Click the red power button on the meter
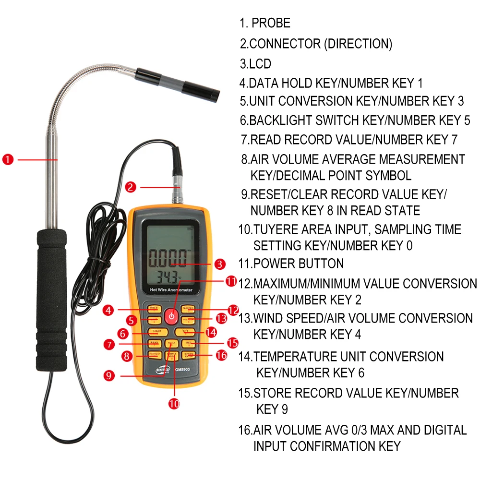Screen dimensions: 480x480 170,316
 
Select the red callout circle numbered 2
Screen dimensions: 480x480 131,187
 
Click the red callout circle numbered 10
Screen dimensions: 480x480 174,403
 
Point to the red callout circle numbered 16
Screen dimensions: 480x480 221,356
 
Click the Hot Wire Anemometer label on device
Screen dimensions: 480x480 171,291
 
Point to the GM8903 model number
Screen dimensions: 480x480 183,370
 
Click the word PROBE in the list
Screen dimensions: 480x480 271,23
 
